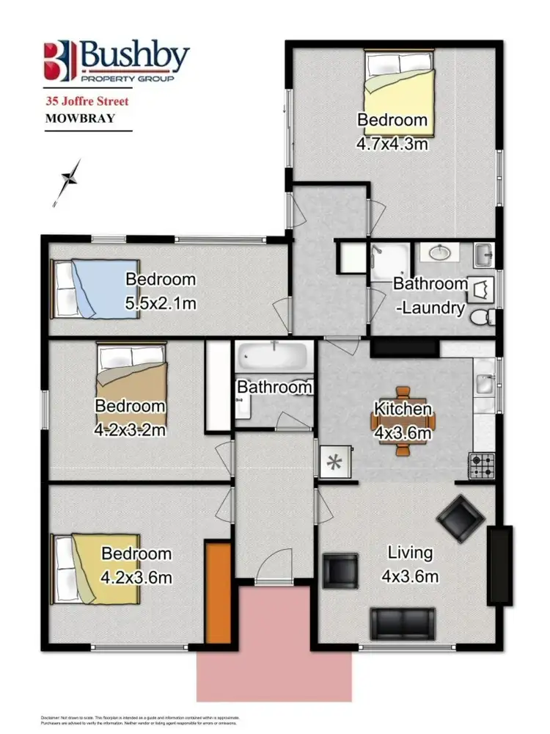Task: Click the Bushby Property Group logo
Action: (x=116, y=61)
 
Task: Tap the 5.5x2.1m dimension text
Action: (x=161, y=302)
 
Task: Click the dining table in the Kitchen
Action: (x=403, y=421)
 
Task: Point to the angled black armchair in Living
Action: (x=461, y=519)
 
